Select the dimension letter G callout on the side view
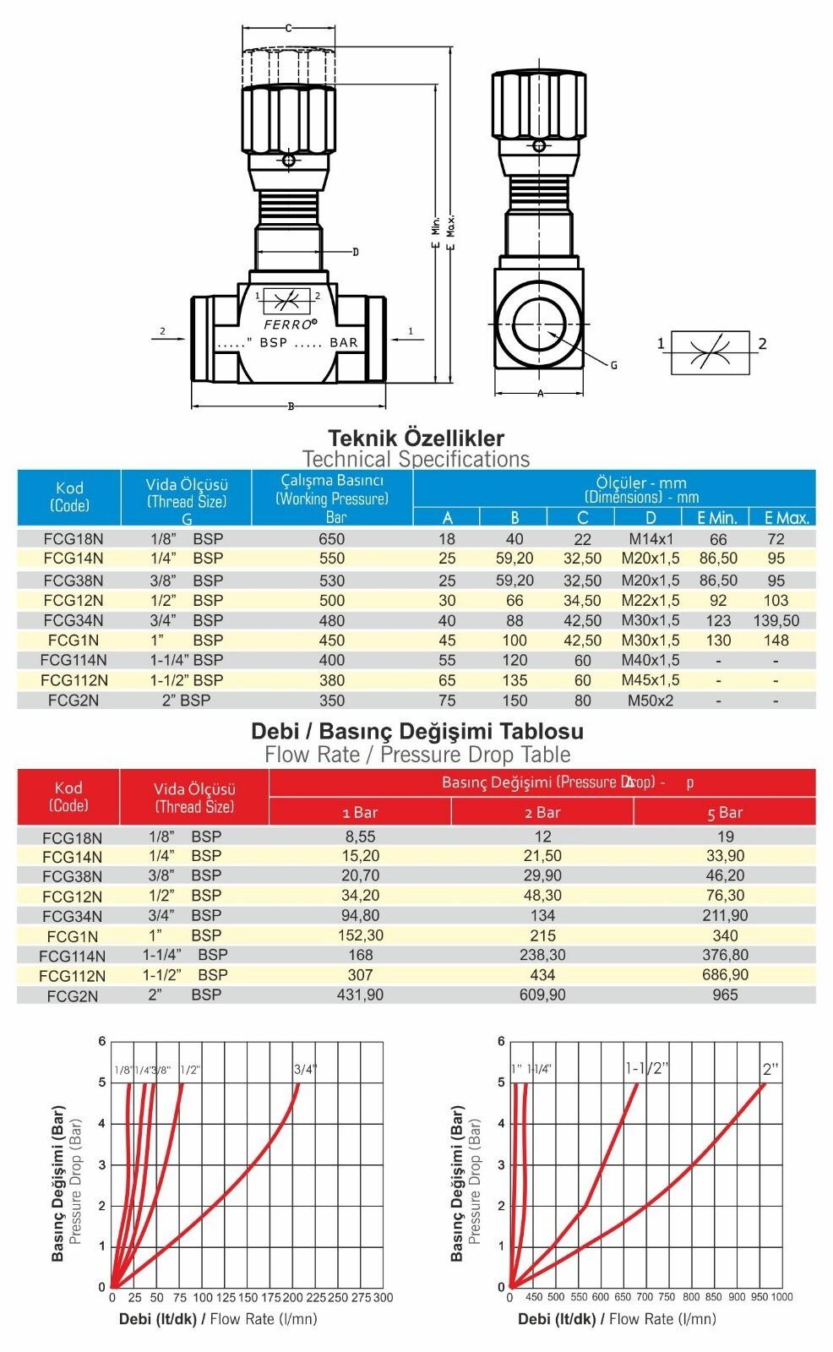[613, 365]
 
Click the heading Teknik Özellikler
[416, 438]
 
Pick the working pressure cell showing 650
[332, 539]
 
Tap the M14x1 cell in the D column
[650, 539]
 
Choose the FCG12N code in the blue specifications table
[73, 601]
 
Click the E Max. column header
[781, 518]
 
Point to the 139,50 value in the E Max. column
[776, 620]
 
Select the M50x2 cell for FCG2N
[650, 701]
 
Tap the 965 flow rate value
[725, 995]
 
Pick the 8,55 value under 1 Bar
[361, 837]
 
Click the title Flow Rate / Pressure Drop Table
[417, 755]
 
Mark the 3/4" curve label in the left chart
[305, 1069]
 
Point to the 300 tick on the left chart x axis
[383, 1297]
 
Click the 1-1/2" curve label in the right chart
[646, 1068]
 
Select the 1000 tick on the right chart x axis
[781, 1297]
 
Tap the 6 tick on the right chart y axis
[501, 1041]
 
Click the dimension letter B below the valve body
[291, 406]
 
